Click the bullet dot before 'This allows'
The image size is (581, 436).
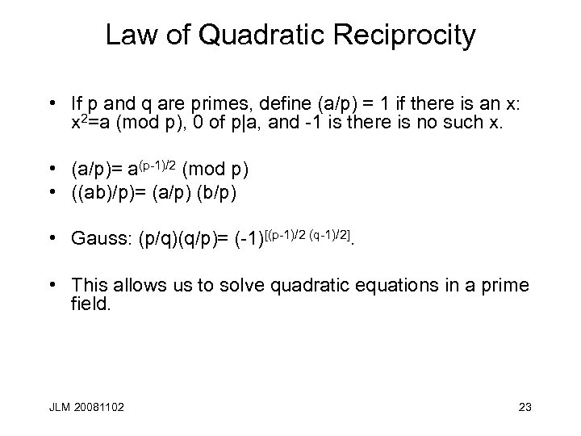(x=52, y=285)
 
